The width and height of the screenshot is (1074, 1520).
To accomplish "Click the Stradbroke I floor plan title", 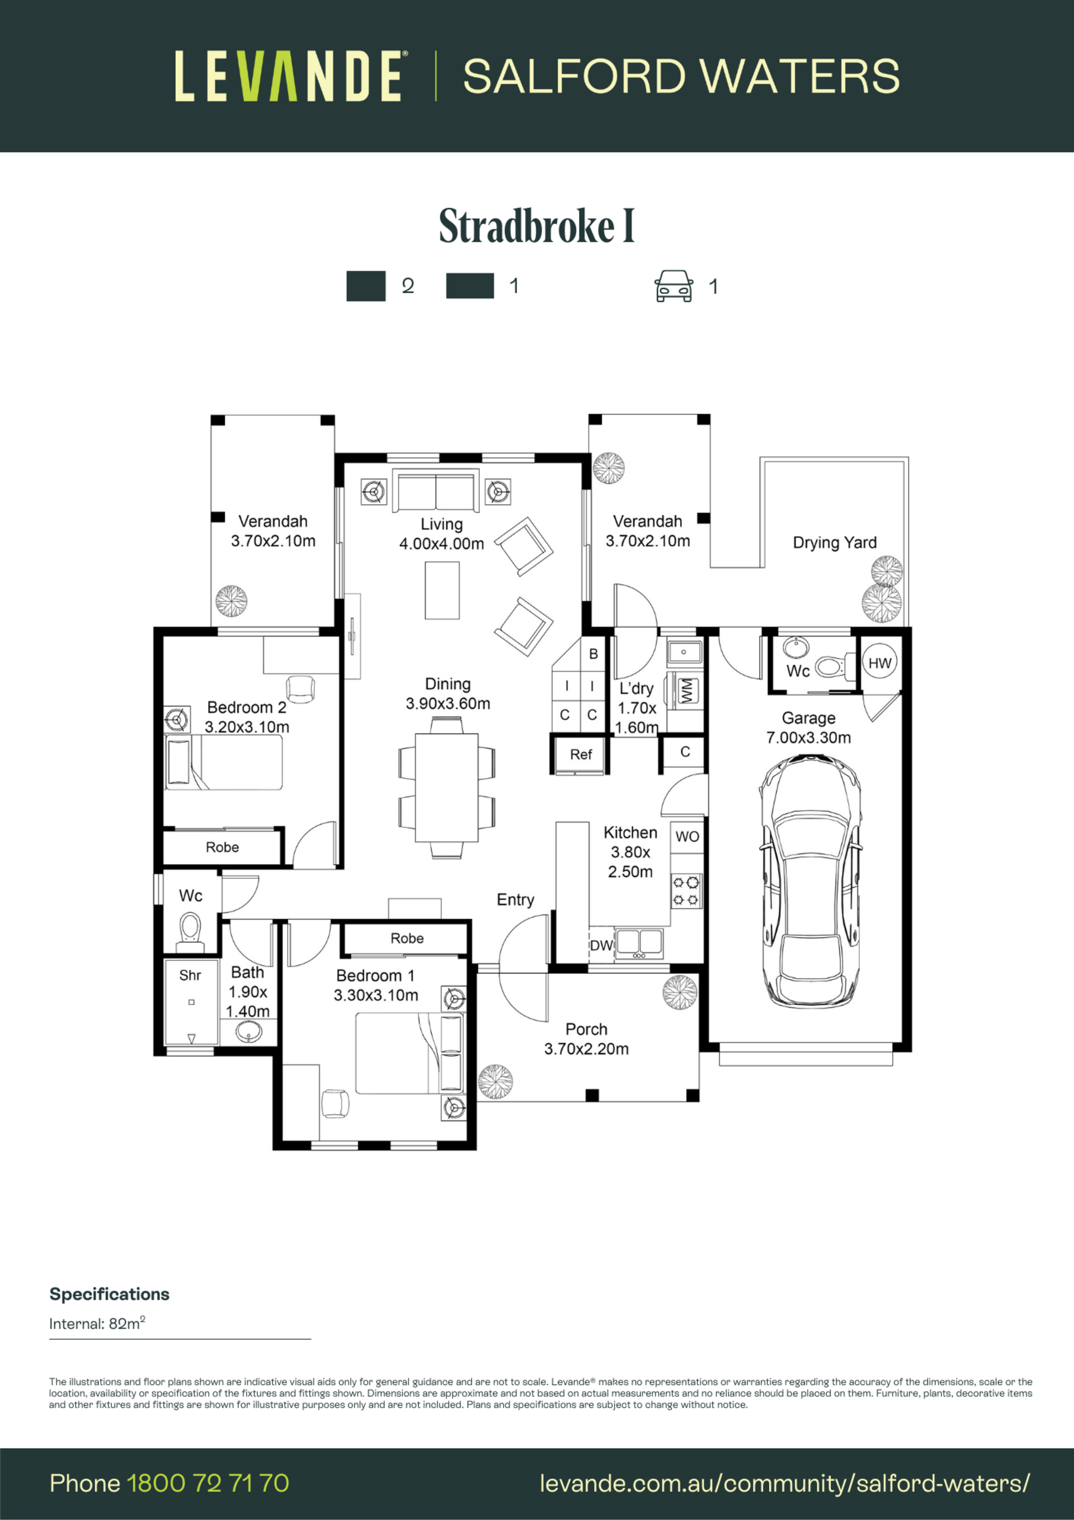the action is tap(536, 227).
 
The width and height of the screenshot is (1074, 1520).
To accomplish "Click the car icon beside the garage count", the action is tap(673, 286).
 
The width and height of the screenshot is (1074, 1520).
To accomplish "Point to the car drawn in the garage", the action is tap(811, 883).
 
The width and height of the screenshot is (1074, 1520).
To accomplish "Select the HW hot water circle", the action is tap(879, 663).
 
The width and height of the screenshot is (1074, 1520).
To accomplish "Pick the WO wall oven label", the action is tap(687, 837).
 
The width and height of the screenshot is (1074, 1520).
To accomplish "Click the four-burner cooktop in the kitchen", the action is tap(686, 890).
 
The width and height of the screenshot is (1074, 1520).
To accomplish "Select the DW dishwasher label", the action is tap(601, 945).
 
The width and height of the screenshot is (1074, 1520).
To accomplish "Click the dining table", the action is tap(447, 787).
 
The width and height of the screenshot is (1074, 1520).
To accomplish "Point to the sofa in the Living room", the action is tap(435, 491).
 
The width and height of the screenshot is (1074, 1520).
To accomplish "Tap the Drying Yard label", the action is tap(835, 543).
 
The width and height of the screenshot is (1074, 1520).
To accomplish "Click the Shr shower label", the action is tap(190, 975).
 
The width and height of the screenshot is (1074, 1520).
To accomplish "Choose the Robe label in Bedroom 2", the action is tap(222, 847).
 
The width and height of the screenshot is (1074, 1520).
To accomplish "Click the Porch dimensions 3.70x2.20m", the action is tap(586, 1049).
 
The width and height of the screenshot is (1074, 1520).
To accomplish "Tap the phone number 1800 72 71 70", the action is tap(208, 1484).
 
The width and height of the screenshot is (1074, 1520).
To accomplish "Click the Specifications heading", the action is tap(109, 1294).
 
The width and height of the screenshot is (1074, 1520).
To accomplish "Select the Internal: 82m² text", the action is tap(97, 1324).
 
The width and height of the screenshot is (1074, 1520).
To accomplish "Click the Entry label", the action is tap(516, 900).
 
